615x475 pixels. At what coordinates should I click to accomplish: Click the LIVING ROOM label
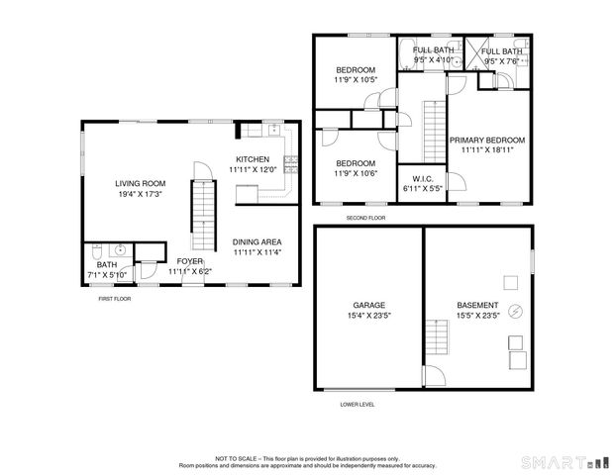point(140,183)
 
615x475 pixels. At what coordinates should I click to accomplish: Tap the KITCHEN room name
point(252,159)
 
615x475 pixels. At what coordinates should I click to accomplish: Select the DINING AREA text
point(257,241)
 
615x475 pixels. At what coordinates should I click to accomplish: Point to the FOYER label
point(190,261)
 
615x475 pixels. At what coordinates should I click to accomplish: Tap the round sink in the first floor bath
point(118,249)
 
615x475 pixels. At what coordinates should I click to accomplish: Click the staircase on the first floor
point(202,210)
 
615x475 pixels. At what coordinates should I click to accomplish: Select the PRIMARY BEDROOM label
point(487,141)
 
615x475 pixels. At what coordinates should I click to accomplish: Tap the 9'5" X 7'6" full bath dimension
point(502,60)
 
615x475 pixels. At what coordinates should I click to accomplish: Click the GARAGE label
point(368,305)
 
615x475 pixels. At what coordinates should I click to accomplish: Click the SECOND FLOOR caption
point(365,218)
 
